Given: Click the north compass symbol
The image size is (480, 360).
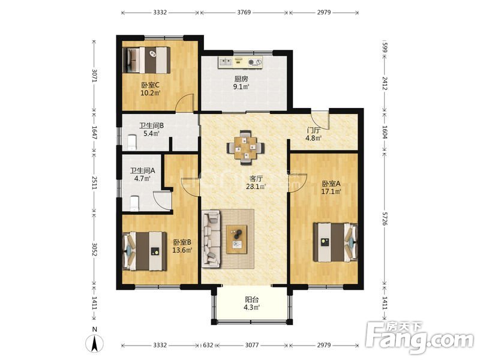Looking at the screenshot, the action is pos(95,343).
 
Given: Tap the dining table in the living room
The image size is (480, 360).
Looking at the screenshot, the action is pos(245,148).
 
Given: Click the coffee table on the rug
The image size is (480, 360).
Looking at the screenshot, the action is pos(236,239).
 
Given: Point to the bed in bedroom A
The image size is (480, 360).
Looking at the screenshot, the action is pos(335,242).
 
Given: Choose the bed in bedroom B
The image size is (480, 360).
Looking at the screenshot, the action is pos(145,251).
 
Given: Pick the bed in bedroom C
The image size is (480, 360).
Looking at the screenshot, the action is pos(146,60).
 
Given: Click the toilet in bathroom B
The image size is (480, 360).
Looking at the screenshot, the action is pos(132,143).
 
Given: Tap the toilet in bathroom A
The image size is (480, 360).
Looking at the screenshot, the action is pos(134,203).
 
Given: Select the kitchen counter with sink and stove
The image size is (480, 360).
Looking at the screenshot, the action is pos(241,62).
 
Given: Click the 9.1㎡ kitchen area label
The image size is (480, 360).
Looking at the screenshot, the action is pos(241,87).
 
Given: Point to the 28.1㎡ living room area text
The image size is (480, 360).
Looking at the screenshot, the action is pos(256,187).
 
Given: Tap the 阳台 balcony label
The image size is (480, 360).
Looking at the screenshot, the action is pos(252,299).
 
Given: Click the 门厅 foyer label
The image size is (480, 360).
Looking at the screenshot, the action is pos(314,130).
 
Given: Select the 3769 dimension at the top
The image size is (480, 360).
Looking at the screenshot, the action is pos(244,12).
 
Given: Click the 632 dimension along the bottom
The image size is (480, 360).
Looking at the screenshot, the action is pos(208,346).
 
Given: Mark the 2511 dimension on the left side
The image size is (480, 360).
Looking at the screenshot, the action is pos(94,182).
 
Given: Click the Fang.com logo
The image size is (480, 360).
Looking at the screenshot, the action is pos(420,338).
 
